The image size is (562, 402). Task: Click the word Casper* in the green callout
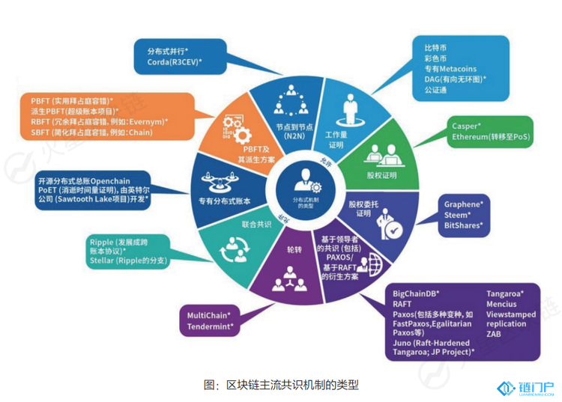[x=466, y=127]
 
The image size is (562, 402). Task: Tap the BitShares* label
[x=462, y=225]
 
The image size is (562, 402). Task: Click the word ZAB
[x=494, y=335]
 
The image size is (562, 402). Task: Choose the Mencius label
[x=503, y=305]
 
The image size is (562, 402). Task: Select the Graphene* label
[x=463, y=204]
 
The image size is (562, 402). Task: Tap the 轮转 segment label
[x=293, y=248]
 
